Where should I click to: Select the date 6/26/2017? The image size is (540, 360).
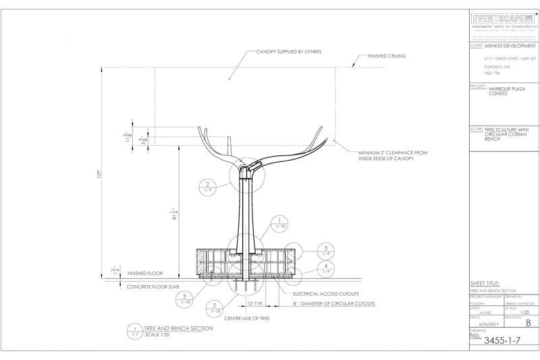pyautogui.click(x=486, y=324)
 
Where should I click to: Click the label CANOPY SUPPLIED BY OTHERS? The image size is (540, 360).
pyautogui.click(x=288, y=51)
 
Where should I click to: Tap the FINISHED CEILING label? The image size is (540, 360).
pyautogui.click(x=387, y=57)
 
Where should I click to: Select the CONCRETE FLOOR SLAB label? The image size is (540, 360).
pyautogui.click(x=153, y=286)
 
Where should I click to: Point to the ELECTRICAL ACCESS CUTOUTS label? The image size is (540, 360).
pyautogui.click(x=326, y=294)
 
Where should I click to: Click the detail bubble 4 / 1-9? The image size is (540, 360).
pyautogui.click(x=326, y=270)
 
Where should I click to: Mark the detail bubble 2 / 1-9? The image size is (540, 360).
pyautogui.click(x=208, y=188)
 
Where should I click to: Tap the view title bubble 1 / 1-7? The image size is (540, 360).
pyautogui.click(x=135, y=331)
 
